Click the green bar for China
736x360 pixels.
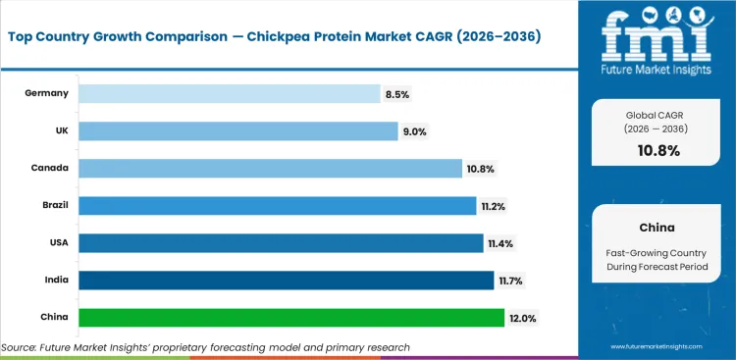(x=290, y=318)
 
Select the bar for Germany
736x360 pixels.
(x=229, y=93)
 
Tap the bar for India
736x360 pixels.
(x=286, y=281)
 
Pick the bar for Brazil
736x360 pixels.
(x=277, y=206)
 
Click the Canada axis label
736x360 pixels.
(x=52, y=168)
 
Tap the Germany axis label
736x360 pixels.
(x=48, y=93)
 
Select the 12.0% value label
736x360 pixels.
(x=522, y=318)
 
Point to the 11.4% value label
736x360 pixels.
(x=500, y=243)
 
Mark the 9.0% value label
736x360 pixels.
(x=413, y=130)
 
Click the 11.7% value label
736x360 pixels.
(x=510, y=281)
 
